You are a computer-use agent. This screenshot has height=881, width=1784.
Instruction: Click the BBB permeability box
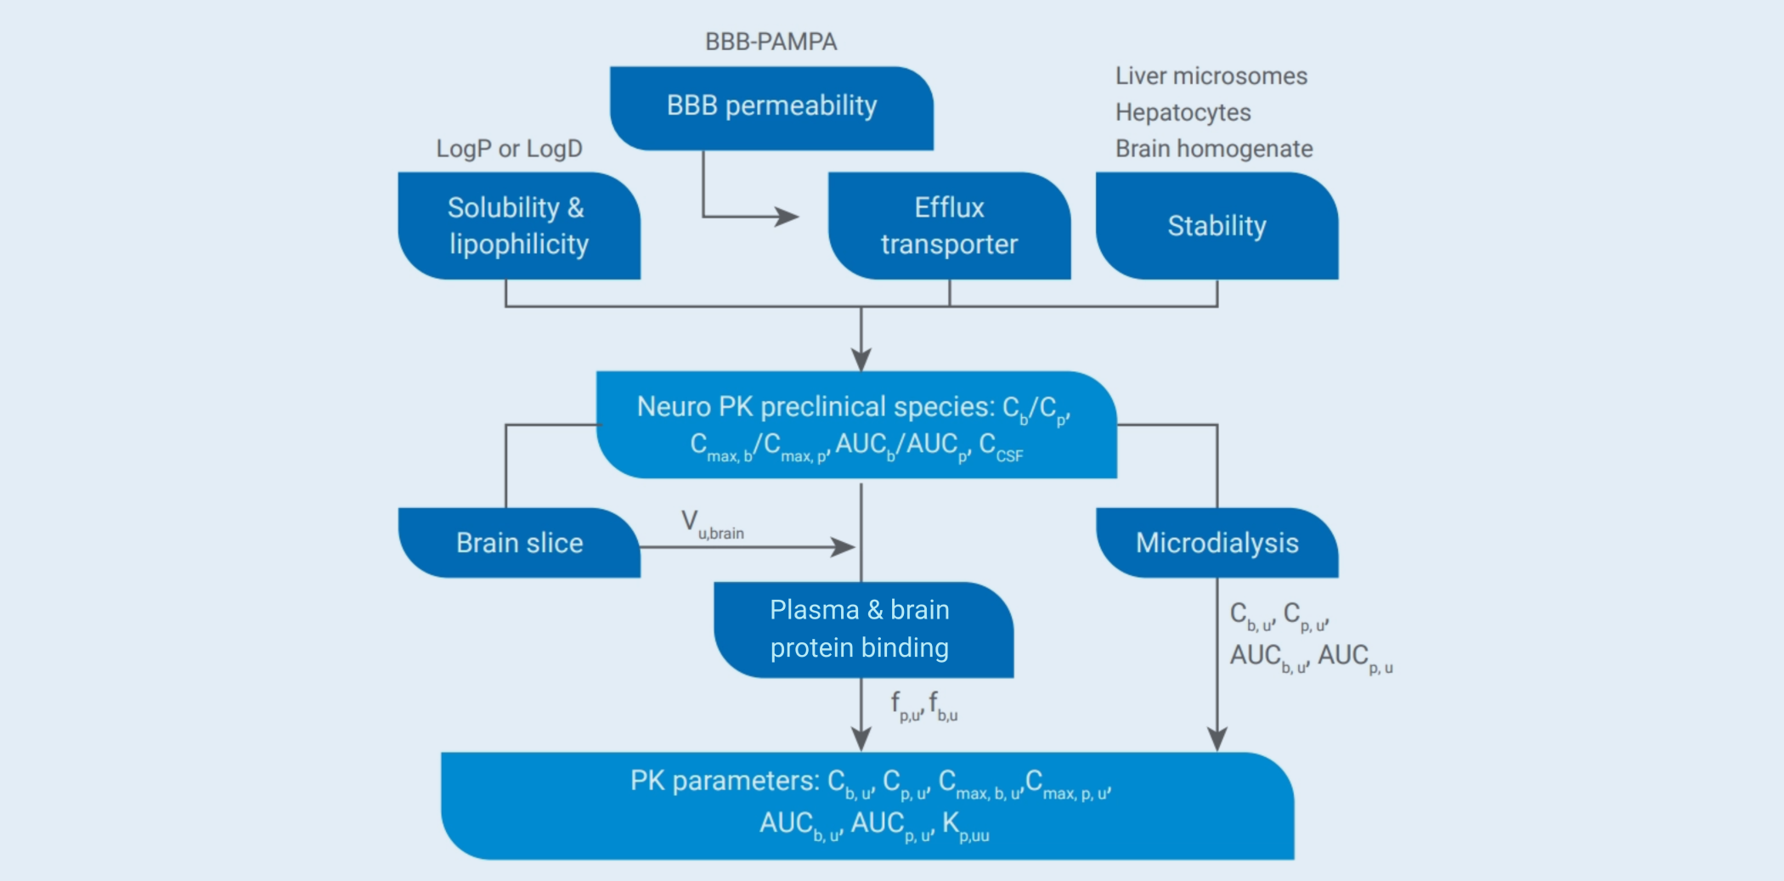tap(771, 108)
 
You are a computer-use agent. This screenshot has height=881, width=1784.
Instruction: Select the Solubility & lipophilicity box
tap(518, 226)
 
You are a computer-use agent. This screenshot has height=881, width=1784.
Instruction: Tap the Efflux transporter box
tap(949, 226)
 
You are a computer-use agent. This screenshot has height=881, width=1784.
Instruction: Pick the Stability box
tap(1217, 226)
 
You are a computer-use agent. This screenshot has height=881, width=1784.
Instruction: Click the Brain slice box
tap(519, 543)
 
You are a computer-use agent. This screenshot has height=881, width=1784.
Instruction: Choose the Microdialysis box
tap(1217, 543)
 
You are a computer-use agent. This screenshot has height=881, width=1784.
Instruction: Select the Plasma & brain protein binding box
tap(860, 630)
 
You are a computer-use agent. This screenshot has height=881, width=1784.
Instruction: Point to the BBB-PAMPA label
tap(771, 42)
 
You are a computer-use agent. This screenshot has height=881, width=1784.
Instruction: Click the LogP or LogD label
tap(509, 149)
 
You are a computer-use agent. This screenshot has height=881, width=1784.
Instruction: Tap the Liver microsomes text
tap(1211, 76)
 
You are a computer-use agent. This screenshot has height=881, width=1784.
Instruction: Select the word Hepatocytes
tap(1183, 112)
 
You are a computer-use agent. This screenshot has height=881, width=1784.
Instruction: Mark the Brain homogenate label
tap(1213, 149)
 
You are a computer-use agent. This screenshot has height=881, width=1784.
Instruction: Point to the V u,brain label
tap(712, 524)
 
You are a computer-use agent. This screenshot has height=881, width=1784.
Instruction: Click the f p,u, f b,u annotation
tap(923, 706)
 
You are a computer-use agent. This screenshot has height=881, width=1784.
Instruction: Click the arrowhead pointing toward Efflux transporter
tap(788, 217)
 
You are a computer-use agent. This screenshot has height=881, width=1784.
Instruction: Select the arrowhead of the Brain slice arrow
tap(844, 547)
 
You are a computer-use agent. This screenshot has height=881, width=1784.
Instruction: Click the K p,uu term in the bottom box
tap(966, 826)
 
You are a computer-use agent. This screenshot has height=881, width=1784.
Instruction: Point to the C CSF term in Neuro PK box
tap(1001, 447)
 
